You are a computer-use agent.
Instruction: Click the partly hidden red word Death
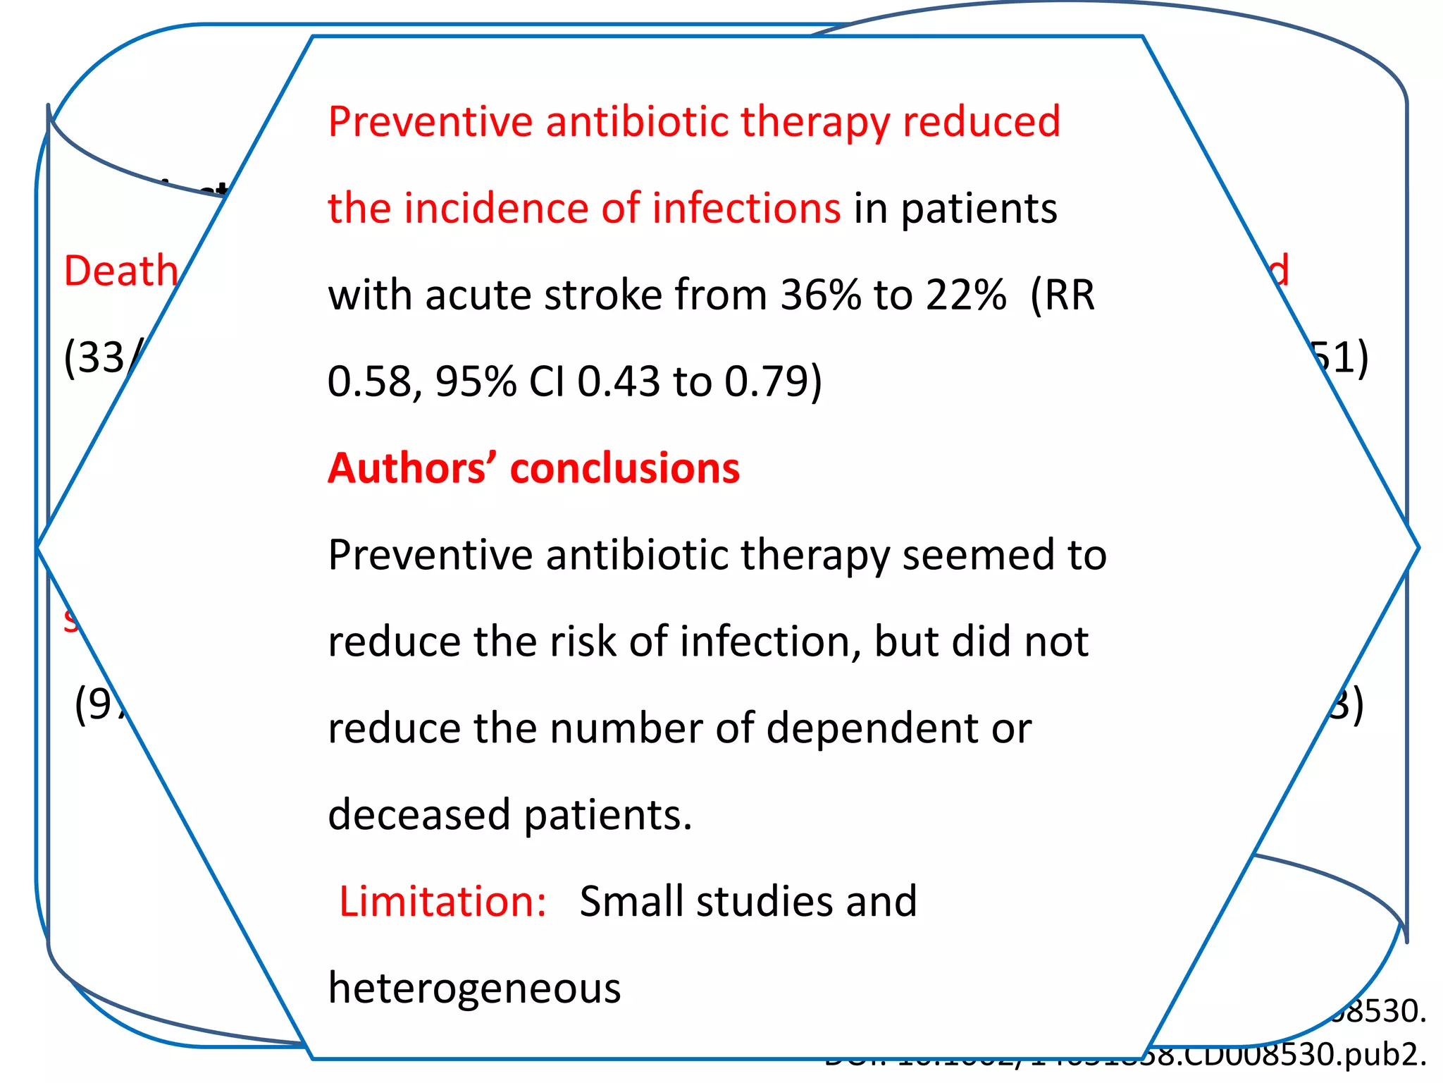coord(120,271)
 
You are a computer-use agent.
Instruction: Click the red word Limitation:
coord(442,902)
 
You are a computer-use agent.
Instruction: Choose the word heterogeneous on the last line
coord(474,989)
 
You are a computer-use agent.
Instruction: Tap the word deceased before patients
coord(419,815)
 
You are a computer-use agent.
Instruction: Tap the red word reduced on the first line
coord(981,121)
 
